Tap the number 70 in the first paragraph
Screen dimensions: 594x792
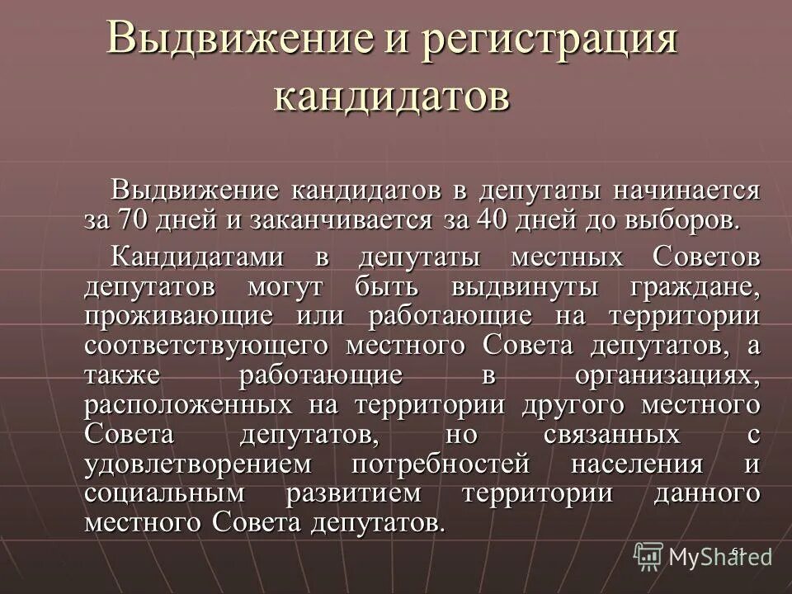coord(134,221)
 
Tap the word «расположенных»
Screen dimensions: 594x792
coord(188,405)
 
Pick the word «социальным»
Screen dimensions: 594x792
coord(165,493)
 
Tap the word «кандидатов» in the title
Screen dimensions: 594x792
coord(391,97)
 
